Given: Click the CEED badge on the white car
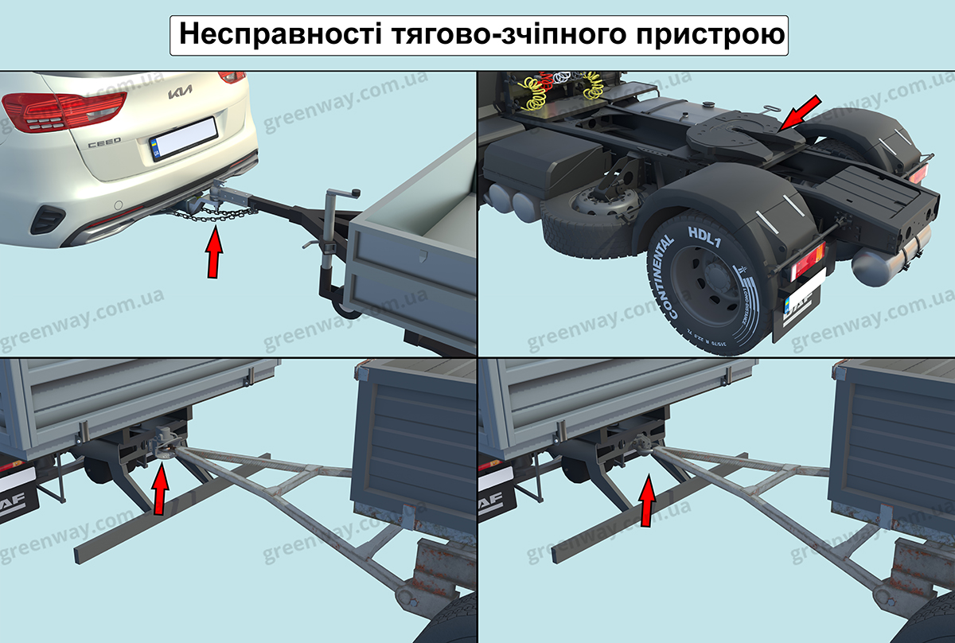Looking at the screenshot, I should tap(103, 141).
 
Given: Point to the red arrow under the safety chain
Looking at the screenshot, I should tap(214, 253).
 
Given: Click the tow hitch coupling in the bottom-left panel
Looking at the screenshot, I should tap(164, 443).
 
